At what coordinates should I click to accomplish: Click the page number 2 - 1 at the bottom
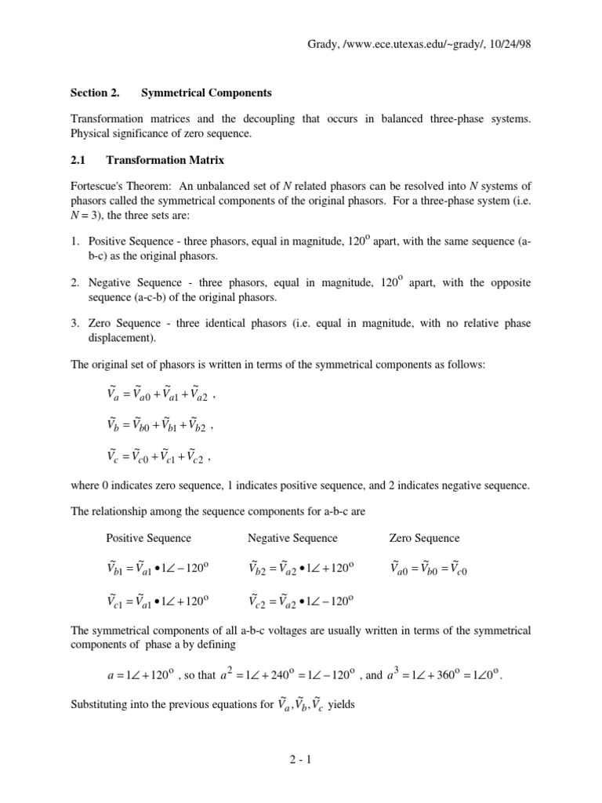click(x=301, y=760)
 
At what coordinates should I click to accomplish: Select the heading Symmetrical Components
click(x=206, y=93)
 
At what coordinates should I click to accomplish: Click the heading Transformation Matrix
click(x=165, y=161)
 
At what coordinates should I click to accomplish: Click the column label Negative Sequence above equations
click(x=292, y=538)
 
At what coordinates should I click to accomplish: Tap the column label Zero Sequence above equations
click(x=424, y=538)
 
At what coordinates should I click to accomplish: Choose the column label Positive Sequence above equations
click(x=148, y=538)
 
